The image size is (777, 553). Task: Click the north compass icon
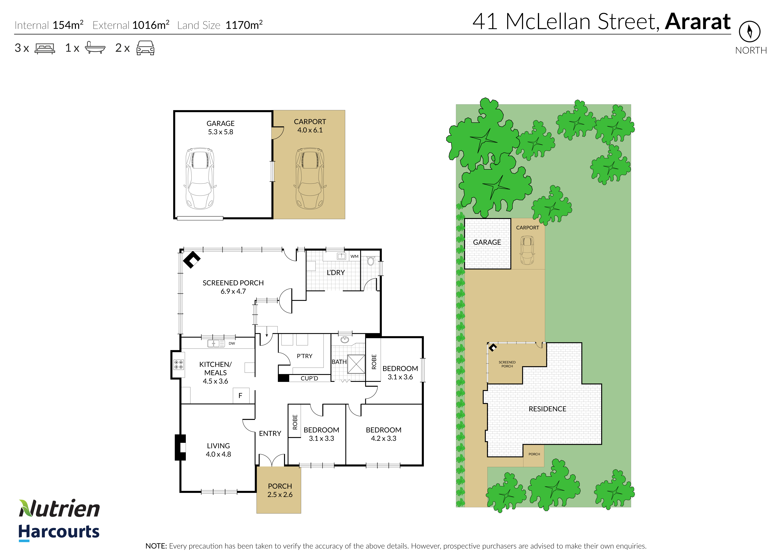749,32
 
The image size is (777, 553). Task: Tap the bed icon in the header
45,48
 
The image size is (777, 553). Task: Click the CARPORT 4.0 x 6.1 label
310,126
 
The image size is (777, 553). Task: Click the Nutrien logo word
59,509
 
